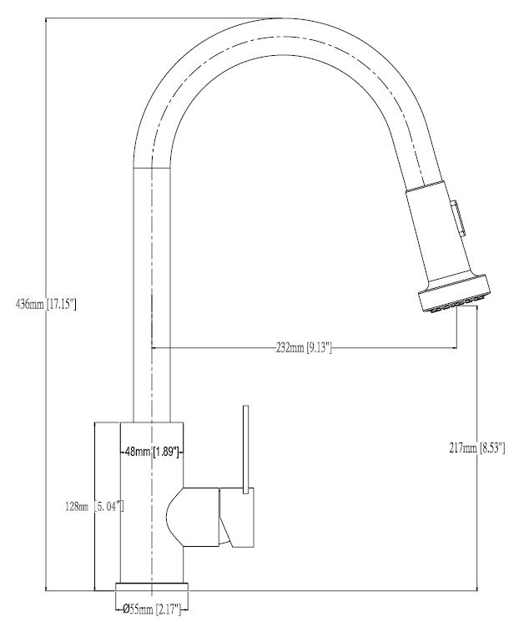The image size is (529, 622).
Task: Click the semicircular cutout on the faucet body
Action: point(176,518)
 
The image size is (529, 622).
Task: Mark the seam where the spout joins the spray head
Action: point(422,185)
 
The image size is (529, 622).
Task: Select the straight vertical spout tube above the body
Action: point(152,292)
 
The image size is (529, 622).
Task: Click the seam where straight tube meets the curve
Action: point(152,168)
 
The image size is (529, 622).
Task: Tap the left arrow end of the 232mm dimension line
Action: point(154,347)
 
